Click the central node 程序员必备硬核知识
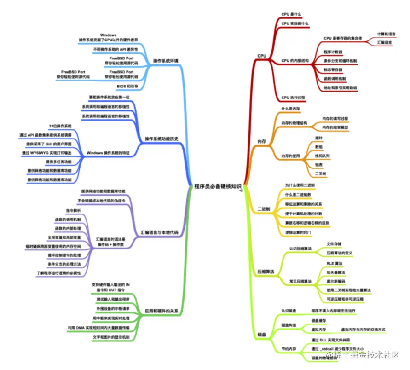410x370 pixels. pyautogui.click(x=218, y=186)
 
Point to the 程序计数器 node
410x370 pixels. pyautogui.click(x=333, y=52)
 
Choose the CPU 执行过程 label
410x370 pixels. pyautogui.click(x=294, y=98)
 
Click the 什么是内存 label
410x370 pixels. pyautogui.click(x=290, y=109)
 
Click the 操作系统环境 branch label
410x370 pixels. pyautogui.click(x=166, y=61)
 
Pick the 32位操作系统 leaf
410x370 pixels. pyautogui.click(x=60, y=126)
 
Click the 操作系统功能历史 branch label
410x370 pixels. pyautogui.click(x=162, y=139)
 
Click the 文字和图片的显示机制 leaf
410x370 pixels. pyautogui.click(x=111, y=337)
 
